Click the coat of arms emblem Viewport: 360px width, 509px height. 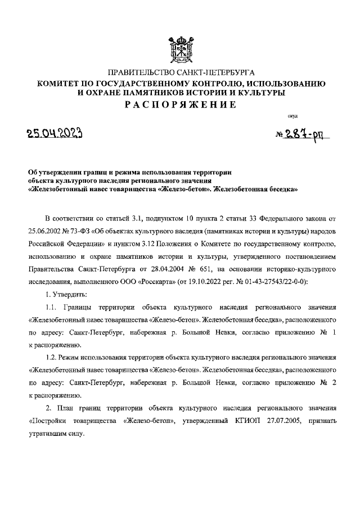[x=180, y=49]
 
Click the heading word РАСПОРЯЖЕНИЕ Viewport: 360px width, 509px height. [x=180, y=105]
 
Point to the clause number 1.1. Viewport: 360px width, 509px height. [x=52, y=309]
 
